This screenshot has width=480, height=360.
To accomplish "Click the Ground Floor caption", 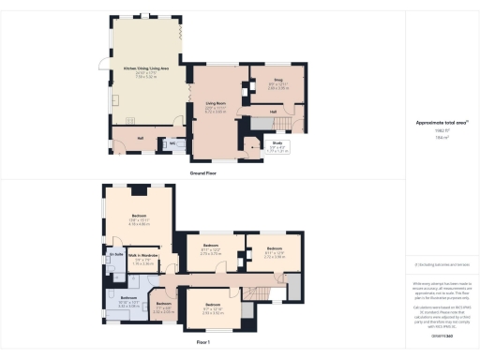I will tap(204, 173).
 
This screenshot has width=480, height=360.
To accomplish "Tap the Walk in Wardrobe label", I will tap(141, 255).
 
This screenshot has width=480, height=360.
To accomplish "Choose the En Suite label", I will tap(117, 253).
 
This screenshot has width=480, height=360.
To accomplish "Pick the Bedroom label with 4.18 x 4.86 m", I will tap(139, 217).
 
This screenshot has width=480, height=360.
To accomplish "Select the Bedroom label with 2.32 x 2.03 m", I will tap(163, 305).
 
